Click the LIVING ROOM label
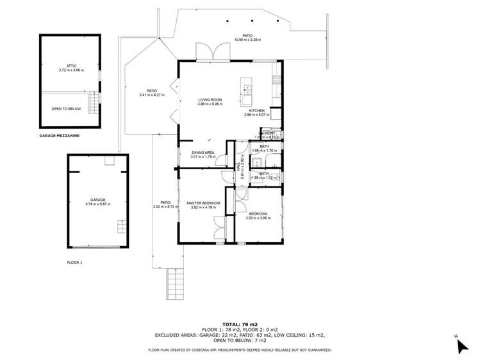point(210,101)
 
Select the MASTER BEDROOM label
point(203,203)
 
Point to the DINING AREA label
point(203,152)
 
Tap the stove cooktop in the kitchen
point(276,79)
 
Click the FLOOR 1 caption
point(75,263)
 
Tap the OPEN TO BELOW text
point(67,109)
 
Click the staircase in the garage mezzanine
point(94,102)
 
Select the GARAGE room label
point(97,200)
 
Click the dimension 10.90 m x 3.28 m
point(247,40)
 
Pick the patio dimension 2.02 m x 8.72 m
point(165,207)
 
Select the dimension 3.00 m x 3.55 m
point(260,218)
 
